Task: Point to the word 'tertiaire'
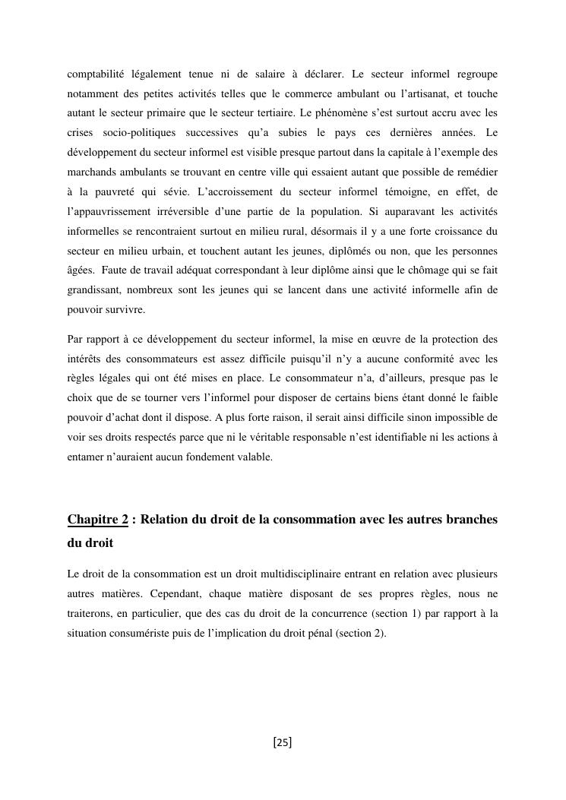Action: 274,113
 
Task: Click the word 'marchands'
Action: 90,172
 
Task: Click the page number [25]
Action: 283,743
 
